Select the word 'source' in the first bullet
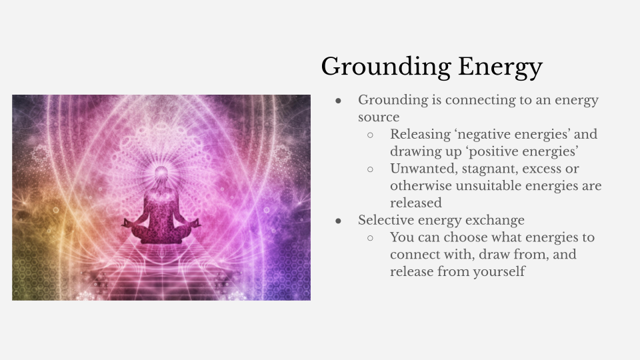point(379,117)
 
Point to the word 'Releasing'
point(422,134)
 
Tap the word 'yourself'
point(499,271)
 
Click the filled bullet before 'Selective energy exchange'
point(339,220)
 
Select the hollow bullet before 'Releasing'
point(371,135)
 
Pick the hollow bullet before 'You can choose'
point(371,238)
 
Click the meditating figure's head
point(161,174)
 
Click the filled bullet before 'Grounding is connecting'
point(339,100)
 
